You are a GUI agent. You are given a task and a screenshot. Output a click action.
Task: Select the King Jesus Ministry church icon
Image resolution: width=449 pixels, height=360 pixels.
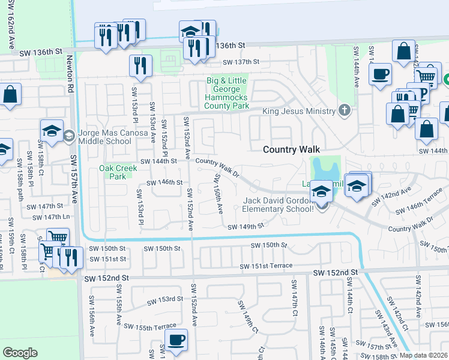point(344,110)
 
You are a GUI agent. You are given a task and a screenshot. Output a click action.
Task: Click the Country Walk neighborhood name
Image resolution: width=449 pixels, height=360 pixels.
point(292,149)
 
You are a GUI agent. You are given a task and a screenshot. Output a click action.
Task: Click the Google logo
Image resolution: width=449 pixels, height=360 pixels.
point(20,352)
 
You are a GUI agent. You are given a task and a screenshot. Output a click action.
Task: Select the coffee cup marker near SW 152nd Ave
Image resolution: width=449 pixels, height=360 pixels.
point(176,340)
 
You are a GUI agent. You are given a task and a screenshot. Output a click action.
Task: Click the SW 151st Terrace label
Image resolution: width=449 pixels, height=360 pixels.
point(266,266)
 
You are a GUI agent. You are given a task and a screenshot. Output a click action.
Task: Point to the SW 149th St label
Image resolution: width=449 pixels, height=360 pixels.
point(246,226)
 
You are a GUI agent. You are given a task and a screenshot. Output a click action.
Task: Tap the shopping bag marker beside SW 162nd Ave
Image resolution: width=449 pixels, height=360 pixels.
point(10,94)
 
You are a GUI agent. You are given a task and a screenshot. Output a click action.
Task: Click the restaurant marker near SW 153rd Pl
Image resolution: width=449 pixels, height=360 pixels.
point(140,65)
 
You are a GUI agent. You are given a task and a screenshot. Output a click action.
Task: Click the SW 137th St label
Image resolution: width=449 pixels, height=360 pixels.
point(241,62)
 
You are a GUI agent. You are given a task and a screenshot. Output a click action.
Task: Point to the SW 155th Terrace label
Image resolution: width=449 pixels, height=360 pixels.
point(150,326)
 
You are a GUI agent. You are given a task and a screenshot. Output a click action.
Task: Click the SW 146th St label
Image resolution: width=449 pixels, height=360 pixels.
point(161,182)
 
